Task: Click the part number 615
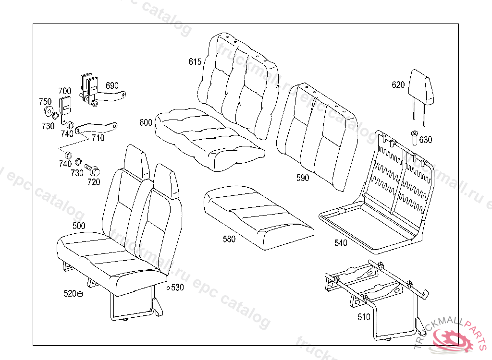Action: coord(195,61)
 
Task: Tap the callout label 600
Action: coord(146,122)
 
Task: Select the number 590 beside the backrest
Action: coord(303,178)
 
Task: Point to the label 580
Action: coord(229,239)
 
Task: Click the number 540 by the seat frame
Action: coord(341,243)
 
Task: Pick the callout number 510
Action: coord(364,317)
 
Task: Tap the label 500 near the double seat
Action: coord(79,226)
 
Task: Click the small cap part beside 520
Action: coord(80,294)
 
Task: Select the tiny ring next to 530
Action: coord(168,288)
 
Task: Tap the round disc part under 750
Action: coord(48,112)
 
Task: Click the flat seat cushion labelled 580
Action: coord(257,216)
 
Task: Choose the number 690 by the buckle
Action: coord(112,85)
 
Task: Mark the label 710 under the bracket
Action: coord(98,138)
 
